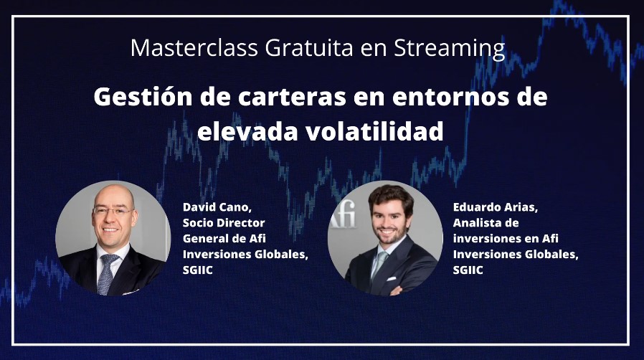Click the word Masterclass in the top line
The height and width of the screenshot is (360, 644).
(194, 47)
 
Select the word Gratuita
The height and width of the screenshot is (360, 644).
(309, 47)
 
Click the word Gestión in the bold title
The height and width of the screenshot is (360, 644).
(143, 98)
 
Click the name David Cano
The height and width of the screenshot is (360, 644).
(217, 207)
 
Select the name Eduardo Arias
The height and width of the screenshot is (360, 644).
(496, 207)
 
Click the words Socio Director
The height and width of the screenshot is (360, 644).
(224, 223)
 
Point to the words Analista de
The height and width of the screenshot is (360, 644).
(486, 223)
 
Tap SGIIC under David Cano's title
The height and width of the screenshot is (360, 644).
(197, 270)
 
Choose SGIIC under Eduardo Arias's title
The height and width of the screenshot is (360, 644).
(468, 270)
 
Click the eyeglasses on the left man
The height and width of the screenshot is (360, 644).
(113, 211)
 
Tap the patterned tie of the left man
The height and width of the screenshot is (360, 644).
(106, 273)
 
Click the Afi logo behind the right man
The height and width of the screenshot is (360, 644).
(344, 217)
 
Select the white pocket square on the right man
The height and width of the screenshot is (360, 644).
(392, 279)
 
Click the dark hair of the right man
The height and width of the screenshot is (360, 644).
(391, 197)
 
